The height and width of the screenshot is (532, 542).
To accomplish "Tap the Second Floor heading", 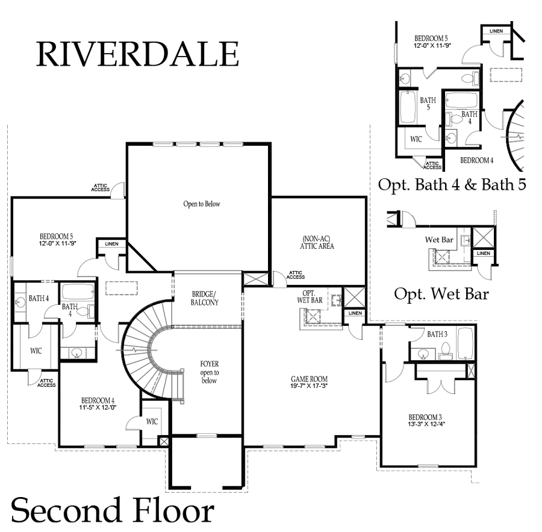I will pyautogui.click(x=113, y=510).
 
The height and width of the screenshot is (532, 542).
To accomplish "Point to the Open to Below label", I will pyautogui.click(x=202, y=204).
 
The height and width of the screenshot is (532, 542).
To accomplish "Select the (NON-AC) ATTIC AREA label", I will pyautogui.click(x=319, y=242).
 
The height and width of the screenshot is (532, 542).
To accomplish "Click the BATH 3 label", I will pyautogui.click(x=437, y=334).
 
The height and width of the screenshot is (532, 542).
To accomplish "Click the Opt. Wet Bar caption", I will pyautogui.click(x=441, y=294).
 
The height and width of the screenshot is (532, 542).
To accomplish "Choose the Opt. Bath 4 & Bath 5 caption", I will pyautogui.click(x=452, y=184).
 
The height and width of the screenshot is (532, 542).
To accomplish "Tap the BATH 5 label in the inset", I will pyautogui.click(x=428, y=104).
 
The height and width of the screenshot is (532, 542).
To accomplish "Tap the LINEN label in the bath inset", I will pyautogui.click(x=496, y=31).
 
